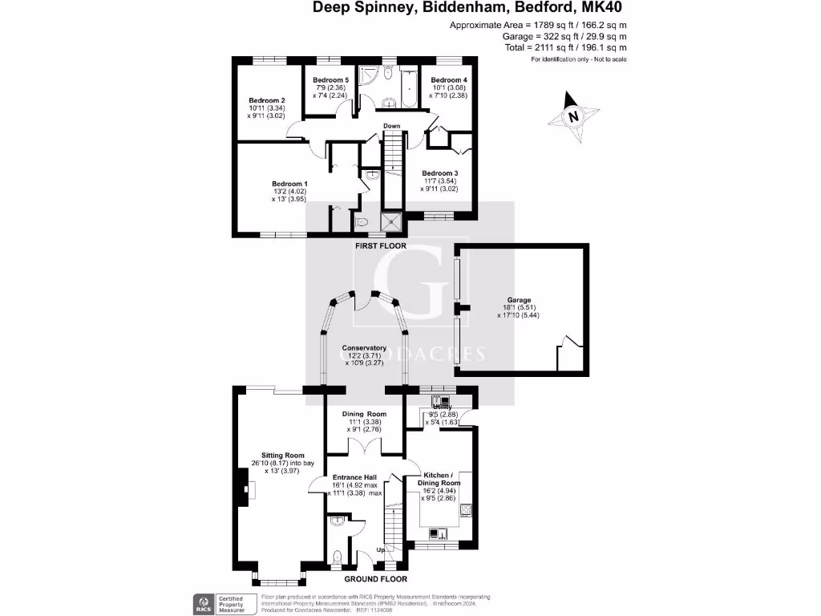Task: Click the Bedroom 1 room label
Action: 289,184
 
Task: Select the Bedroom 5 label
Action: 330,80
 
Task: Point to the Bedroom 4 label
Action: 449,80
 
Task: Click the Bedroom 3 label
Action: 440,173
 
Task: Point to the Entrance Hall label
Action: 354,477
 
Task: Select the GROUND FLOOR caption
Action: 375,579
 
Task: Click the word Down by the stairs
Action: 391,127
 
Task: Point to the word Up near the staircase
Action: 381,550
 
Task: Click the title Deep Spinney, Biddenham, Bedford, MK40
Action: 467,8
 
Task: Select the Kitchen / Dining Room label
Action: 439,484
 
